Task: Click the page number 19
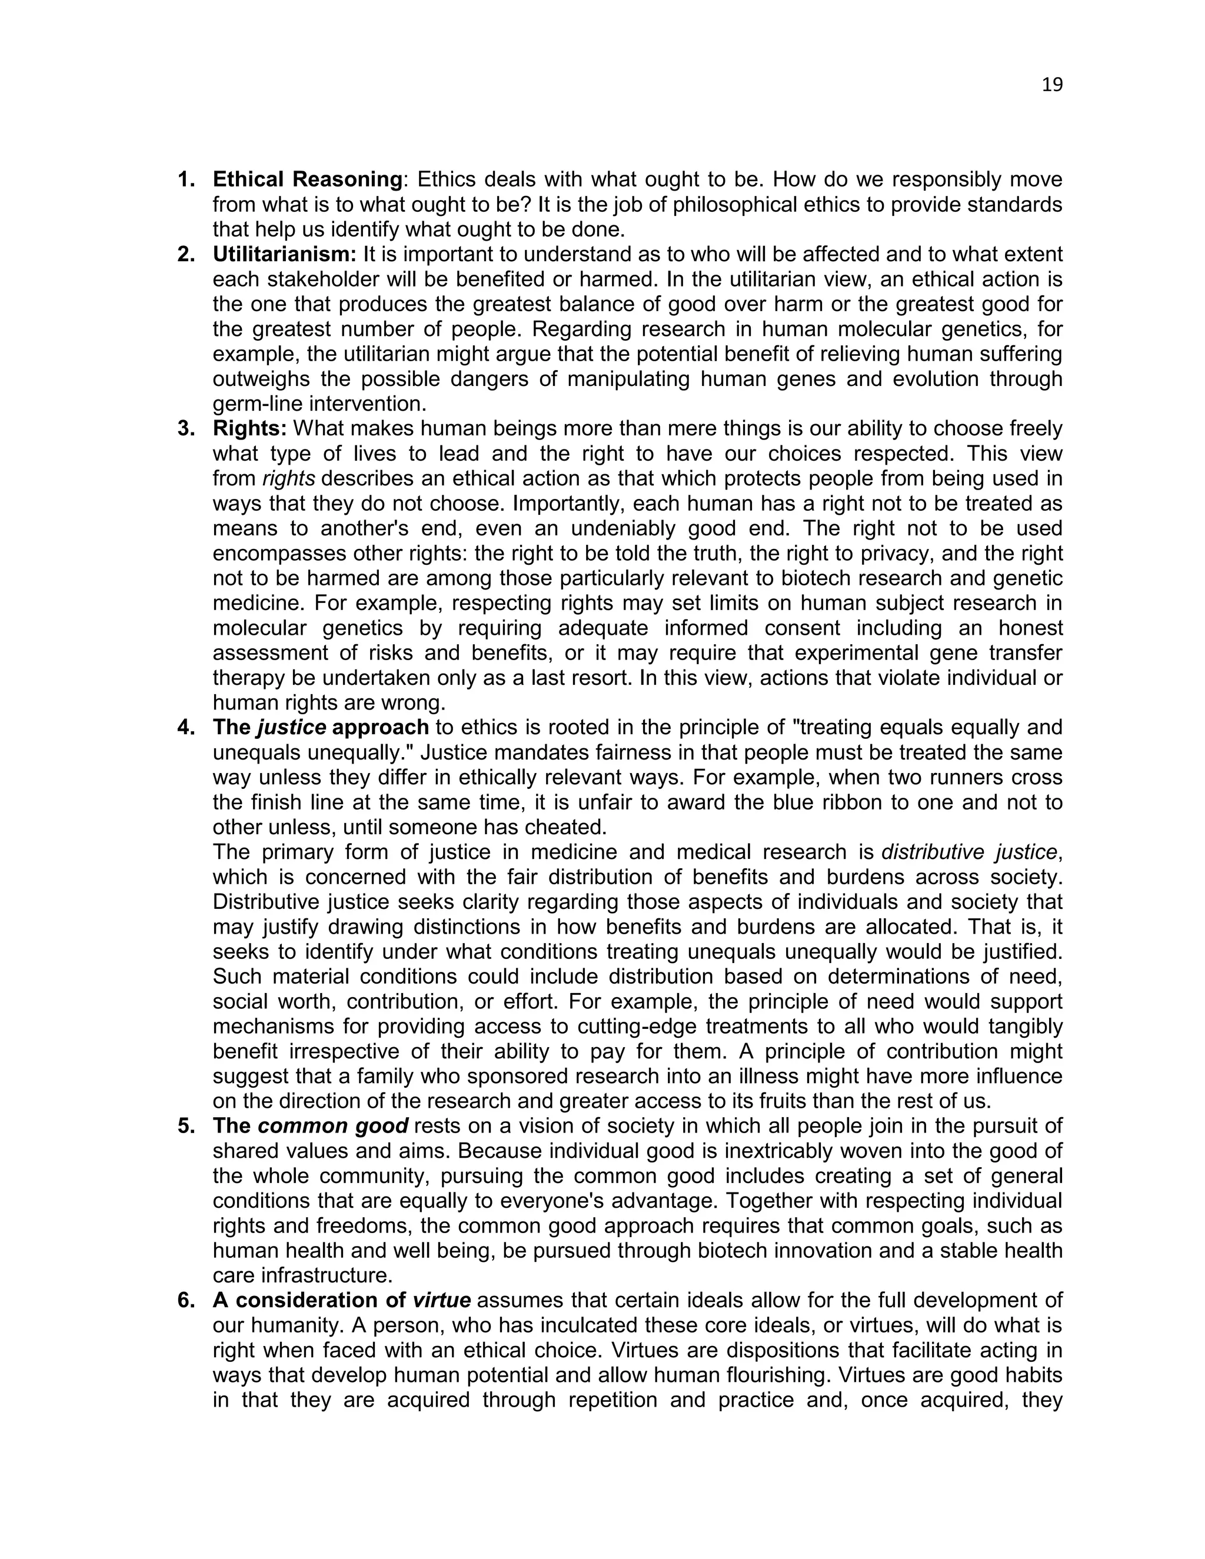tap(1051, 85)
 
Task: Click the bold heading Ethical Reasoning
tap(308, 179)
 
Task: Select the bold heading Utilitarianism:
tap(284, 254)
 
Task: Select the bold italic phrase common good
tap(332, 1125)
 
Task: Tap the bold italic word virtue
tap(442, 1301)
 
